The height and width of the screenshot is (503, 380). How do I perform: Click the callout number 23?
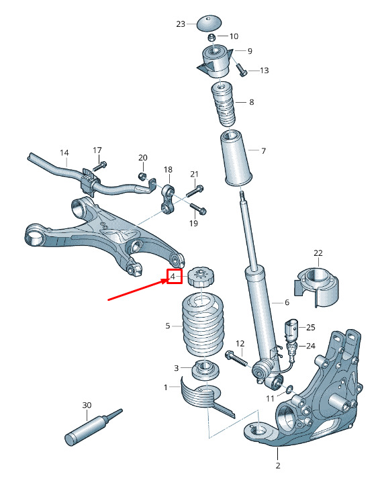pyautogui.click(x=181, y=24)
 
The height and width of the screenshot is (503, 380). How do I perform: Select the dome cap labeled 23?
pyautogui.click(x=208, y=23)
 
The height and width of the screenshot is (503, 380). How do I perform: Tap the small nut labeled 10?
pyautogui.click(x=211, y=37)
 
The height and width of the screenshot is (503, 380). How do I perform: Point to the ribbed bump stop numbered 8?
pyautogui.click(x=222, y=105)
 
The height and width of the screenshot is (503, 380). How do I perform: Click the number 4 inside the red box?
pyautogui.click(x=173, y=276)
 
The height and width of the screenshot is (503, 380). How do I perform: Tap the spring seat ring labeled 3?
pyautogui.click(x=205, y=369)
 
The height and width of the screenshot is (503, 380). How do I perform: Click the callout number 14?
pyautogui.click(x=64, y=152)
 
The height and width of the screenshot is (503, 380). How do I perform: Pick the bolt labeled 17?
pyautogui.click(x=100, y=167)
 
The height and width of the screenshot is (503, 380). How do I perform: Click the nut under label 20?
pyautogui.click(x=142, y=175)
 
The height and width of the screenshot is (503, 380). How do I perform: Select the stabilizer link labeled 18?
pyautogui.click(x=169, y=197)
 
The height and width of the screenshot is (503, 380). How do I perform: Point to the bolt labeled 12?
pyautogui.click(x=237, y=359)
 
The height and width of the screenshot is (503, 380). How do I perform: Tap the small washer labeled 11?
pyautogui.click(x=289, y=389)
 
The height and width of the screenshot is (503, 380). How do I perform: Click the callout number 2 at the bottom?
pyautogui.click(x=278, y=465)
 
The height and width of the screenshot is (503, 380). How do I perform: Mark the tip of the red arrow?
pyautogui.click(x=167, y=279)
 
